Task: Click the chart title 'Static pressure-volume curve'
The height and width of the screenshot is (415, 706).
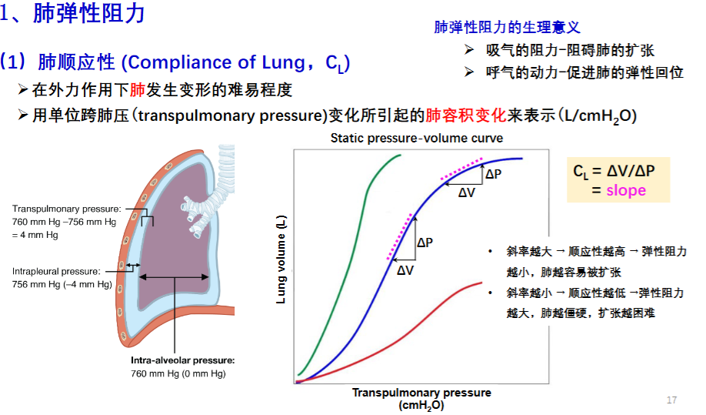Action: [417, 138]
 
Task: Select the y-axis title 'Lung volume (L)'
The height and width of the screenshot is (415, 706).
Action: [281, 259]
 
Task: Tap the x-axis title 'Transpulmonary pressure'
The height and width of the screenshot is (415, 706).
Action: [421, 393]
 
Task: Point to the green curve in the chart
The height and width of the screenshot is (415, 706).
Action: [356, 226]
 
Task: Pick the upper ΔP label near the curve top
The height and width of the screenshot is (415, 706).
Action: [494, 174]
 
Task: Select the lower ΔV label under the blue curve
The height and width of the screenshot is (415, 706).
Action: [405, 270]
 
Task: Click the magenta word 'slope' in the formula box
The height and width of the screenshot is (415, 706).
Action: [626, 190]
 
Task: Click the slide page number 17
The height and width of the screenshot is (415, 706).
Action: [671, 400]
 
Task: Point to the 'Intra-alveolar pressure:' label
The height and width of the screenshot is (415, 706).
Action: [183, 360]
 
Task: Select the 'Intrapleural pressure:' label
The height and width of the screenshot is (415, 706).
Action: [56, 271]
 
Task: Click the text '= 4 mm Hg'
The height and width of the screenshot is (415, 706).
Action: [35, 235]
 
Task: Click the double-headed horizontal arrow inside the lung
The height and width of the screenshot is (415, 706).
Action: [174, 277]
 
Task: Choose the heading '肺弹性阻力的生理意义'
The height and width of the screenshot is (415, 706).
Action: [507, 27]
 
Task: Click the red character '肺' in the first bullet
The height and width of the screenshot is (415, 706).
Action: [138, 90]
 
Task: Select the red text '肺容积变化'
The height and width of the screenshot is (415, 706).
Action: [466, 115]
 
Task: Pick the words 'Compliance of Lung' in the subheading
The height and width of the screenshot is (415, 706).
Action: [217, 62]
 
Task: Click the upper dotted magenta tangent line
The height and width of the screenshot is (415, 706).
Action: [462, 169]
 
